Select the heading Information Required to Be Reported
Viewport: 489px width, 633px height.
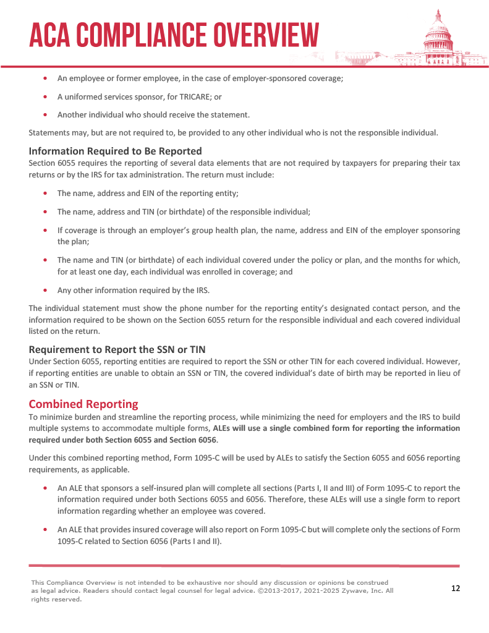(x=116, y=151)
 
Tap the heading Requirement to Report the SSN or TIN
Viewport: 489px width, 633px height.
(x=117, y=349)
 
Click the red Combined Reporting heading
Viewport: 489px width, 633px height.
(x=83, y=404)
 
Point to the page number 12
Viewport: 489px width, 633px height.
(x=456, y=588)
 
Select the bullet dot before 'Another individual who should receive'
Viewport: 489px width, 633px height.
(x=45, y=114)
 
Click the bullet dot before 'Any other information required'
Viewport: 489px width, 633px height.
(x=45, y=289)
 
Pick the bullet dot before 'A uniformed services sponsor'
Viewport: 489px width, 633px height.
(x=45, y=97)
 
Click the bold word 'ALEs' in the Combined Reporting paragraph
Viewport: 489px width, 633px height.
(x=221, y=428)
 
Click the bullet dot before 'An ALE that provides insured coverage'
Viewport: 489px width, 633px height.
(x=45, y=530)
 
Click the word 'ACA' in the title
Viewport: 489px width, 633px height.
(x=51, y=35)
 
